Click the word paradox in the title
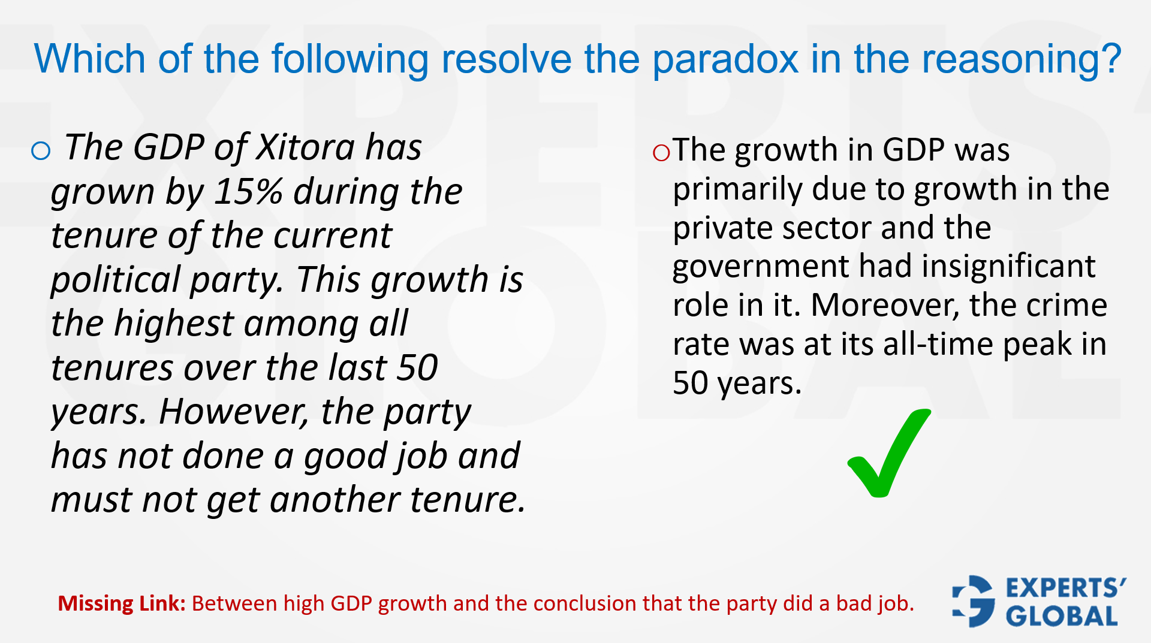[725, 59]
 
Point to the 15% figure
[248, 192]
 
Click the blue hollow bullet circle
[41, 150]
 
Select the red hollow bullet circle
[661, 153]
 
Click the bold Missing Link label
[122, 603]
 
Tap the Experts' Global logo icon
[974, 601]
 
